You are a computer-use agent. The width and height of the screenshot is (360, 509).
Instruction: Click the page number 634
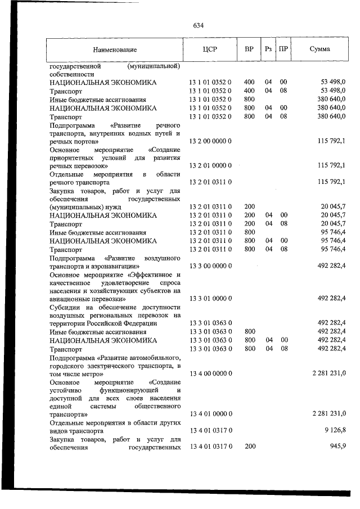[x=198, y=26]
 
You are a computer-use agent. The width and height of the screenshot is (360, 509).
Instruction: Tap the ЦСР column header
[x=209, y=49]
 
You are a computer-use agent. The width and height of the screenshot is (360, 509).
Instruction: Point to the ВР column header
[x=249, y=49]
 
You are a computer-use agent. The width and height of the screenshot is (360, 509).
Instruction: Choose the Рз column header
[x=268, y=49]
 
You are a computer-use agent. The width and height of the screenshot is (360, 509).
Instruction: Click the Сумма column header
[x=319, y=49]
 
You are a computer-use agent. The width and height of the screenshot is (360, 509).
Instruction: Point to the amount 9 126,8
[x=334, y=430]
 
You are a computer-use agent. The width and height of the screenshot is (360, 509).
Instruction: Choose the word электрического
[x=100, y=365]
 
